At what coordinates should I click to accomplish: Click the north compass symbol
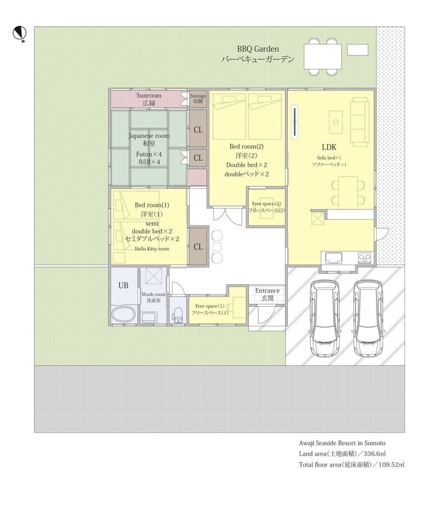(19, 33)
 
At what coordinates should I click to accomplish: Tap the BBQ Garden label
(258, 49)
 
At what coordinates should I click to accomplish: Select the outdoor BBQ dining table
(323, 56)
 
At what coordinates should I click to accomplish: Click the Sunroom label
(149, 95)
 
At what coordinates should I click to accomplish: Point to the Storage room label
(198, 96)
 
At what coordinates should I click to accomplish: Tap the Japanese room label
(149, 136)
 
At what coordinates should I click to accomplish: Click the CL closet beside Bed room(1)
(198, 247)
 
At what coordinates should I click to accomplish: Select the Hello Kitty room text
(152, 249)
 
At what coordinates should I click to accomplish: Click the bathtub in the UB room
(123, 314)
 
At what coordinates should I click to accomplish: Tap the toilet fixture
(178, 315)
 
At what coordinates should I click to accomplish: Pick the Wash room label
(153, 294)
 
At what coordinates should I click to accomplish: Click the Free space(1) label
(210, 306)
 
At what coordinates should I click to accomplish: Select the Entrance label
(267, 290)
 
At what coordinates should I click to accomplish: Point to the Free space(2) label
(266, 204)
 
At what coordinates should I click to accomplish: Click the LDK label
(329, 147)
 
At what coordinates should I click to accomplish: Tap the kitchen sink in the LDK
(334, 258)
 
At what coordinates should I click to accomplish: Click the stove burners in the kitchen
(365, 257)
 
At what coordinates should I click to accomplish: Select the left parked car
(324, 318)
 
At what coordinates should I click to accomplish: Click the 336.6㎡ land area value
(374, 454)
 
